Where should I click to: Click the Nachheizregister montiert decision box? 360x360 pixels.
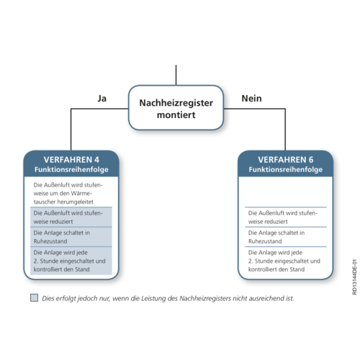pyautogui.click(x=176, y=108)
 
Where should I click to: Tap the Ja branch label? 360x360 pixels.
pyautogui.click(x=102, y=99)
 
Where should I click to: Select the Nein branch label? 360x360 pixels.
pyautogui.click(x=251, y=99)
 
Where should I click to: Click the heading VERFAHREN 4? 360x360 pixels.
pyautogui.click(x=71, y=160)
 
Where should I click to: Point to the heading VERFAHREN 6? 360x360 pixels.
pyautogui.click(x=286, y=160)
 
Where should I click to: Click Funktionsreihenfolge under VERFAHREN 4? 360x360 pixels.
pyautogui.click(x=71, y=169)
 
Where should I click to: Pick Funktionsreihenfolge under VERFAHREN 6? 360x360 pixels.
pyautogui.click(x=286, y=169)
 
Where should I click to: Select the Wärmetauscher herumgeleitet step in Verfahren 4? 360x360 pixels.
pyautogui.click(x=68, y=194)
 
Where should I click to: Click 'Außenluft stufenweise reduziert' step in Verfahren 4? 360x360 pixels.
pyautogui.click(x=68, y=217)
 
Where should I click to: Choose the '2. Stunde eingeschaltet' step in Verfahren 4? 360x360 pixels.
pyautogui.click(x=69, y=261)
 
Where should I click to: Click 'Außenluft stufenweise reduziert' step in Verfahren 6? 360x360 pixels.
pyautogui.click(x=283, y=217)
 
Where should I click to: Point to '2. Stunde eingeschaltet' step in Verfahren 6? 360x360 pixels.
pyautogui.click(x=284, y=261)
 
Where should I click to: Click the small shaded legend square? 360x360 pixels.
pyautogui.click(x=34, y=297)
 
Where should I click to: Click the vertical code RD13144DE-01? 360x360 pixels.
pyautogui.click(x=354, y=277)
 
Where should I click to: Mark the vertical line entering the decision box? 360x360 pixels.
pyautogui.click(x=176, y=75)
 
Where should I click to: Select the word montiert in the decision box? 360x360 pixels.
pyautogui.click(x=176, y=115)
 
